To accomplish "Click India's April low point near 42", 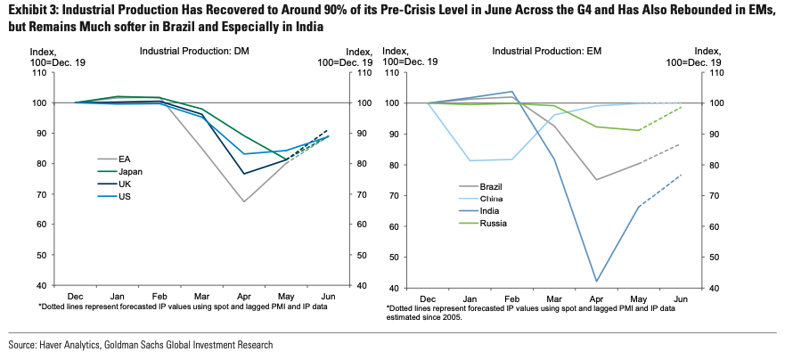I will tap(596, 282).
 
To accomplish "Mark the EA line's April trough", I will tap(243, 201).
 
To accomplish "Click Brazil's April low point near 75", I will tap(596, 180).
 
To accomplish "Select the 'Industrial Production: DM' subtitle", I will tap(194, 51).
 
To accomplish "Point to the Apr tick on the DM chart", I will tap(243, 296).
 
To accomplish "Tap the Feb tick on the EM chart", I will tap(511, 299).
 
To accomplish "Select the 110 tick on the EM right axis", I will tap(712, 72).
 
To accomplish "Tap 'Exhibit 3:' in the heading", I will tap(29, 11).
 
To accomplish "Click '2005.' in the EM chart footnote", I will tap(449, 317).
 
